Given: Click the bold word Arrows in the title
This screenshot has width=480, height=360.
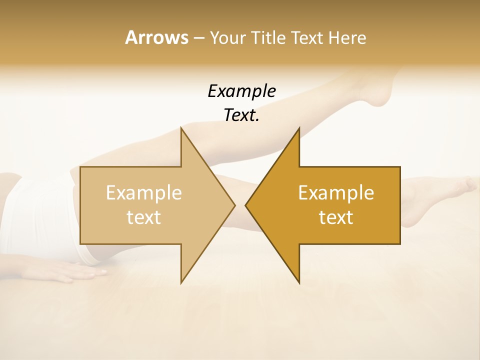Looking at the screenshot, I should (156, 37).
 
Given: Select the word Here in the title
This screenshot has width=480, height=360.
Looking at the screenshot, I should (347, 38).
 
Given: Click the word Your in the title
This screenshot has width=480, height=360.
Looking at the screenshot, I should (227, 38).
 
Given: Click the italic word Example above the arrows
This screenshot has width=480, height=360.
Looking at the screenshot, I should (241, 91).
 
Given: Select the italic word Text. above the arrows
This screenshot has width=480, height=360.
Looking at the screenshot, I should (241, 115).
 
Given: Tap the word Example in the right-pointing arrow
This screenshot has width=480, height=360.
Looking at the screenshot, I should (144, 193).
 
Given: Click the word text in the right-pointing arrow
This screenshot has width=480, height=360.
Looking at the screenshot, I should (144, 217).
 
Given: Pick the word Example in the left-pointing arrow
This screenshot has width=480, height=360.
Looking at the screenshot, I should (336, 193).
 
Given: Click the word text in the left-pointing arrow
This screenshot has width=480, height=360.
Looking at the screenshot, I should (336, 217).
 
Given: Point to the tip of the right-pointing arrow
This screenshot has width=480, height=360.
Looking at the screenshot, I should (234, 205).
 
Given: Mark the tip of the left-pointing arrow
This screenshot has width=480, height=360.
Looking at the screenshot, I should (246, 205).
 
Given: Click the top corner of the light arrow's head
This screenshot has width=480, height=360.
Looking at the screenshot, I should (181, 128).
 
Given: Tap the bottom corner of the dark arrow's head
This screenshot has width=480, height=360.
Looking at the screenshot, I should (299, 283).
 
